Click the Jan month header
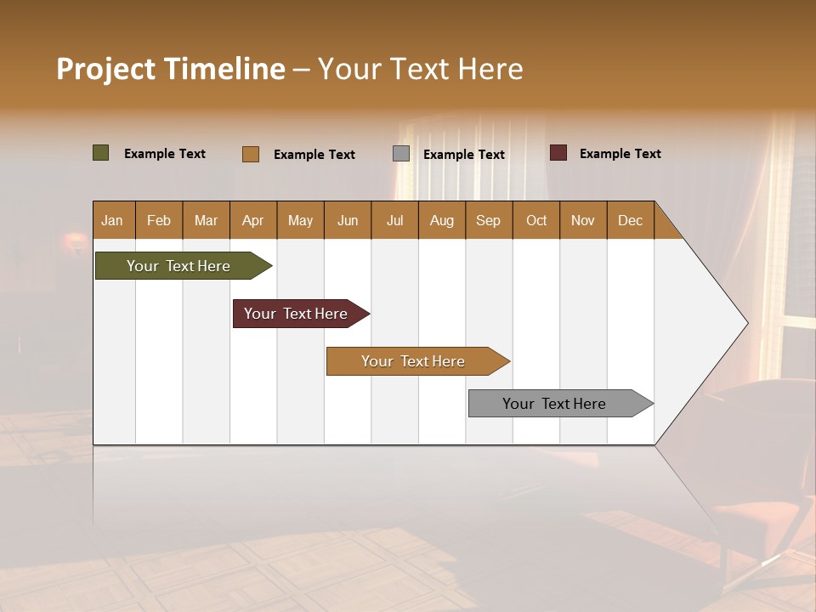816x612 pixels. point(113,220)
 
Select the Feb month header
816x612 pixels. point(159,220)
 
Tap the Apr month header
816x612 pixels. point(253,220)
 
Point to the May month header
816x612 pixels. point(300,220)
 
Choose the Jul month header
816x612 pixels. point(394,220)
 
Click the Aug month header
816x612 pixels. point(442,220)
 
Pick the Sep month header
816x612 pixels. point(489,220)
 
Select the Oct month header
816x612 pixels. point(536,220)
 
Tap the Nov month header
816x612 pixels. point(583,220)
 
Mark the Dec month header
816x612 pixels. point(631,220)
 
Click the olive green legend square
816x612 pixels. point(101,153)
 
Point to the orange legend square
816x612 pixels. point(251,154)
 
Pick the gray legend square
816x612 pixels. point(401,153)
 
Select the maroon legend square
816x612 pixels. point(558,153)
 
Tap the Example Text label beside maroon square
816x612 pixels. point(620,154)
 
